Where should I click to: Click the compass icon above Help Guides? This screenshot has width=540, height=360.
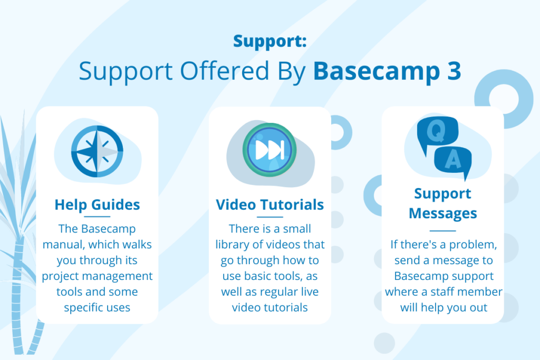(97, 151)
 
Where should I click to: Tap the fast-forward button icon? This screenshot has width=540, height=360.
(269, 150)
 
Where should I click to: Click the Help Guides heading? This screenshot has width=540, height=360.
(97, 205)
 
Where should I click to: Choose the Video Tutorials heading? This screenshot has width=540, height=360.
(269, 205)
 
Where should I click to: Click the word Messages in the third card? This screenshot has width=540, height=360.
(443, 213)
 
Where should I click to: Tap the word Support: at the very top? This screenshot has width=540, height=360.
(269, 41)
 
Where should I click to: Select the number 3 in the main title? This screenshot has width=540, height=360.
(455, 71)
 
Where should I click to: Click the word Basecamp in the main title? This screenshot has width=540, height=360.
(377, 72)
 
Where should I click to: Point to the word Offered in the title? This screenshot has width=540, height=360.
(224, 71)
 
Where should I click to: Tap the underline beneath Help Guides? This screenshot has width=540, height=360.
(97, 217)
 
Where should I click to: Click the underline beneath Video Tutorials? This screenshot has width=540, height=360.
(269, 217)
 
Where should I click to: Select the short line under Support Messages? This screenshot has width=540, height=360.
(443, 230)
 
